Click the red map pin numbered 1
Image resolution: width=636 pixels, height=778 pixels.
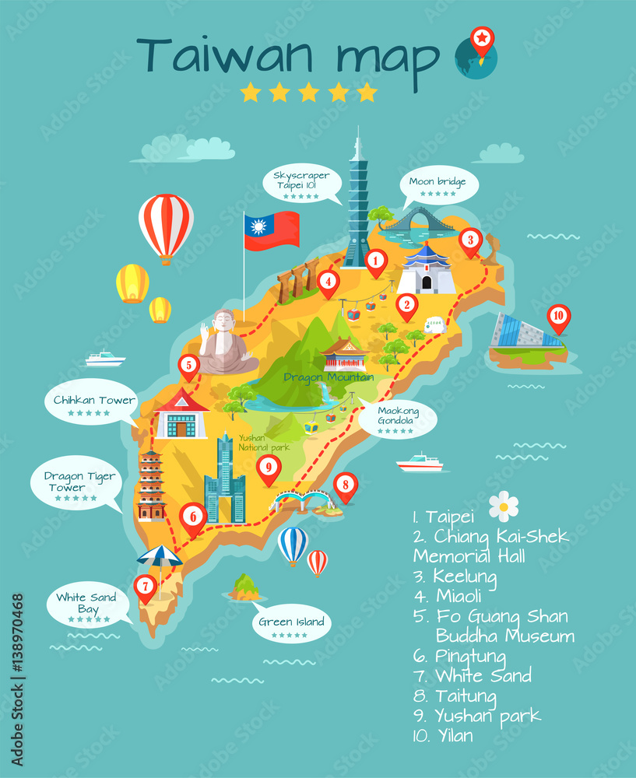376,261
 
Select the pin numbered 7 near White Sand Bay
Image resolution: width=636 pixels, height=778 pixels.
145,587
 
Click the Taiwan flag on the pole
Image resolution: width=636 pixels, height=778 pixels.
272,230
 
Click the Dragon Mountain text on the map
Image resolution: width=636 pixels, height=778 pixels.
329,377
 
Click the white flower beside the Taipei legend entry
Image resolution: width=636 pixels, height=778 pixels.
504,506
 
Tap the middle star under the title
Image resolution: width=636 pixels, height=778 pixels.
309,93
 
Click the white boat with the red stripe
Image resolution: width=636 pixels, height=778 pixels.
420,464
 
